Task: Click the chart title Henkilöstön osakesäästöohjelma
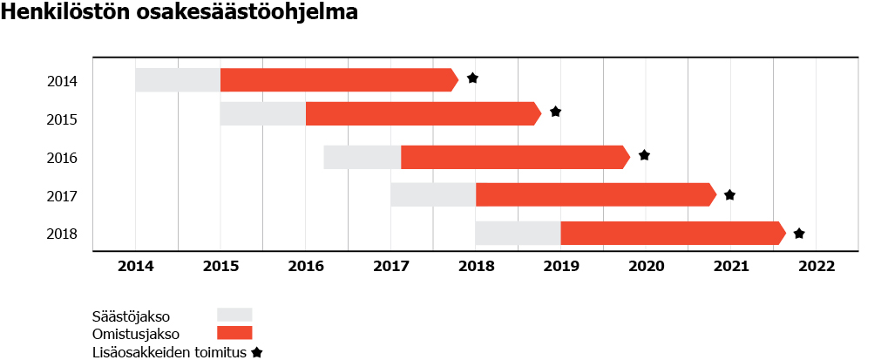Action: click(180, 15)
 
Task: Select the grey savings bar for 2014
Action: click(178, 79)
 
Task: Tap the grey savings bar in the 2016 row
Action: click(362, 157)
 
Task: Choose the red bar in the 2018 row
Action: click(672, 234)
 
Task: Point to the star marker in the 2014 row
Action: click(472, 78)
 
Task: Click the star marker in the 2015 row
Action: click(555, 112)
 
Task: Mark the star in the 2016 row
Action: click(644, 155)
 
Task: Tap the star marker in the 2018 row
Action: click(798, 234)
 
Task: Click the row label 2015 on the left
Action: click(62, 119)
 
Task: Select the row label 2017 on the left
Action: click(62, 196)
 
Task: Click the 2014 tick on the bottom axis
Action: click(135, 266)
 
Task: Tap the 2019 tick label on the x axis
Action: click(561, 266)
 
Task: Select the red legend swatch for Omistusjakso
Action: click(234, 333)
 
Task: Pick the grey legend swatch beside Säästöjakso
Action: click(234, 315)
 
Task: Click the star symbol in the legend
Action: click(257, 353)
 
